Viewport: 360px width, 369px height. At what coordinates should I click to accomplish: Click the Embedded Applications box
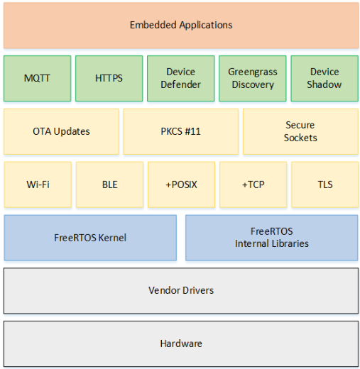pyautogui.click(x=180, y=25)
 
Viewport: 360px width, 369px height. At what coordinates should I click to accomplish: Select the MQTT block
pyautogui.click(x=37, y=78)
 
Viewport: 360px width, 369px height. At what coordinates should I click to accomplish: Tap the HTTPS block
pyautogui.click(x=109, y=78)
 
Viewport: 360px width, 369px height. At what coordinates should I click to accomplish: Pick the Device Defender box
pyautogui.click(x=180, y=78)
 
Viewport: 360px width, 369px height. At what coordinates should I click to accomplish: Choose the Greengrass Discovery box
pyautogui.click(x=252, y=78)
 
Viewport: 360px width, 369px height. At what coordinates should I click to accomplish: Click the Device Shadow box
pyautogui.click(x=324, y=78)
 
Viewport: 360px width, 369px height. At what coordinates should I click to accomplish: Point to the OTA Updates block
pyautogui.click(x=61, y=131)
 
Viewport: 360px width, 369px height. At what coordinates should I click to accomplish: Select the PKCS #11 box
pyautogui.click(x=180, y=131)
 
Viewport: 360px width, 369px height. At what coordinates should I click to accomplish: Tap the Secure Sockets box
pyautogui.click(x=300, y=131)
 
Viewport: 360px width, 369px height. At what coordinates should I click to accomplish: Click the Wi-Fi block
pyautogui.click(x=37, y=184)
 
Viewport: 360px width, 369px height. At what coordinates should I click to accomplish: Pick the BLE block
pyautogui.click(x=109, y=184)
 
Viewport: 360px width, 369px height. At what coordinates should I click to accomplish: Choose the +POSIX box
pyautogui.click(x=180, y=184)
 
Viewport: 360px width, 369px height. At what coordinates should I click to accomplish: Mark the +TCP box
pyautogui.click(x=252, y=184)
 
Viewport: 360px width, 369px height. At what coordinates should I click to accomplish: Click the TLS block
pyautogui.click(x=324, y=184)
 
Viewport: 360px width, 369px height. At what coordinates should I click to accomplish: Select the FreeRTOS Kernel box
pyautogui.click(x=90, y=238)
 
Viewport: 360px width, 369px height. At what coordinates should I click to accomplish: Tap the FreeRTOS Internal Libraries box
pyautogui.click(x=271, y=238)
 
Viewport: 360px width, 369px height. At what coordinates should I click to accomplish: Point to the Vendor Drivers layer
pyautogui.click(x=180, y=290)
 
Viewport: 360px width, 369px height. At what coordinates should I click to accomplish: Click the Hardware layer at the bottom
pyautogui.click(x=180, y=343)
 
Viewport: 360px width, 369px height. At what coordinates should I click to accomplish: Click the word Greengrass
pyautogui.click(x=252, y=72)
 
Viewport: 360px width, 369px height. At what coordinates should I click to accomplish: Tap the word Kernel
pyautogui.click(x=111, y=238)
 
